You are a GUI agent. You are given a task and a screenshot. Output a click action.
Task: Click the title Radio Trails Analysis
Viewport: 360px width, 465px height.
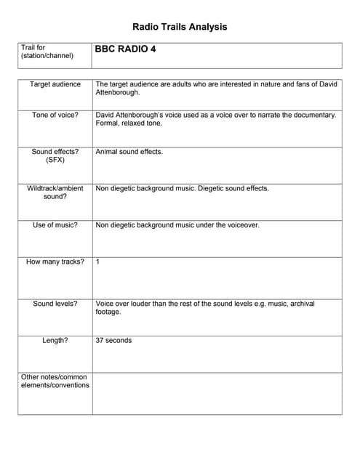pyautogui.click(x=180, y=27)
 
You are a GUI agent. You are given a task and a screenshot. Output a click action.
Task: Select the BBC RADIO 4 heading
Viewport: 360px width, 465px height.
pyautogui.click(x=125, y=50)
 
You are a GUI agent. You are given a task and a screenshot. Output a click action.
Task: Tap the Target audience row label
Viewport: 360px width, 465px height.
pyautogui.click(x=55, y=85)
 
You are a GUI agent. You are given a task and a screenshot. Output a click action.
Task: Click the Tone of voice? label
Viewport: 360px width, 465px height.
pyautogui.click(x=55, y=115)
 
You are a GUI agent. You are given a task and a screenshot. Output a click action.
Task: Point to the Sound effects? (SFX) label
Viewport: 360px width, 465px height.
pyautogui.click(x=55, y=156)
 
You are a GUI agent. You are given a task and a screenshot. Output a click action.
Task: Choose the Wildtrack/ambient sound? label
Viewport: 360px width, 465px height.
pyautogui.click(x=55, y=193)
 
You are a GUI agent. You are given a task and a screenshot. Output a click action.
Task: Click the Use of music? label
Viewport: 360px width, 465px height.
pyautogui.click(x=55, y=225)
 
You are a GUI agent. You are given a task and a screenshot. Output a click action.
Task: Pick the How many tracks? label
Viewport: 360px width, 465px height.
pyautogui.click(x=55, y=262)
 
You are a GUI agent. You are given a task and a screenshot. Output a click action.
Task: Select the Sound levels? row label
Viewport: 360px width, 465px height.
pyautogui.click(x=55, y=304)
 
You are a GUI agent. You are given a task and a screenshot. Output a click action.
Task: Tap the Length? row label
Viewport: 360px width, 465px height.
pyautogui.click(x=55, y=340)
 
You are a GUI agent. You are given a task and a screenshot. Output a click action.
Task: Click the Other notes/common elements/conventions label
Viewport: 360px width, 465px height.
pyautogui.click(x=55, y=381)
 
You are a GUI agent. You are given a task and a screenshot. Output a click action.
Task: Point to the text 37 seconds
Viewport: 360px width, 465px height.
pyautogui.click(x=113, y=340)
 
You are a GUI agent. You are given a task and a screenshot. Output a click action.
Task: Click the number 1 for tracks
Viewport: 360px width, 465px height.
pyautogui.click(x=98, y=262)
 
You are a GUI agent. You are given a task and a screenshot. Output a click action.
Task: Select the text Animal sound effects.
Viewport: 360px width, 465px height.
pyautogui.click(x=129, y=152)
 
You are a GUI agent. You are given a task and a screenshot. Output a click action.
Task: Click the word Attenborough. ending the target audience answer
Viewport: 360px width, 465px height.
pyautogui.click(x=118, y=93)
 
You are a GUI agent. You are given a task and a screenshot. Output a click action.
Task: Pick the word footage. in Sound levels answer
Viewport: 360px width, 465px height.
pyautogui.click(x=108, y=312)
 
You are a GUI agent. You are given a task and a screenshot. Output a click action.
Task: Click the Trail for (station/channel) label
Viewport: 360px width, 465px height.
pyautogui.click(x=47, y=52)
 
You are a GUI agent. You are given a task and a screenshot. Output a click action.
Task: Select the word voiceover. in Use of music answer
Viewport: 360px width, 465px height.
pyautogui.click(x=241, y=225)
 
